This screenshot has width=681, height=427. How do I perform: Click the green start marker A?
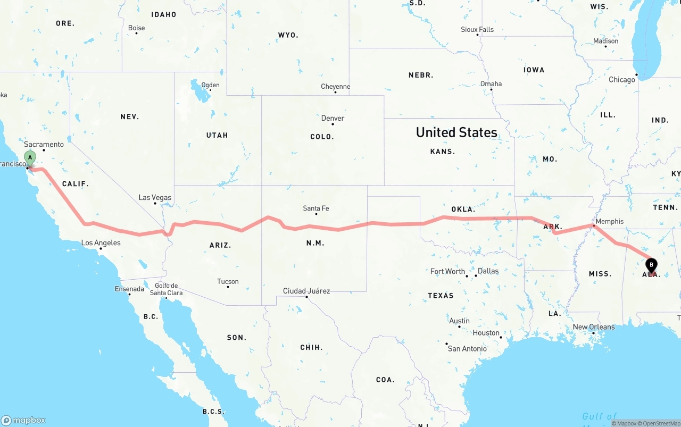[30, 157]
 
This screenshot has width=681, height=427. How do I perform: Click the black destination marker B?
[651, 264]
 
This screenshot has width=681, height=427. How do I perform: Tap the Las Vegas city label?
[155, 198]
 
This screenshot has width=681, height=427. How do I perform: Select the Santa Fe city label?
[316, 208]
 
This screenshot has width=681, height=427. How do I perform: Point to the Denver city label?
[333, 119]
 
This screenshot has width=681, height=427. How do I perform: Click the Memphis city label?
[610, 222]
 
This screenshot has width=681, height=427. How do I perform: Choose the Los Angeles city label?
[101, 243]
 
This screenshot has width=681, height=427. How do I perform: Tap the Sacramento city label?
[44, 145]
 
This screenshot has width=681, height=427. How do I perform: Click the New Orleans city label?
[594, 328]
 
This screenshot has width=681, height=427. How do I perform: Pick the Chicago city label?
[622, 80]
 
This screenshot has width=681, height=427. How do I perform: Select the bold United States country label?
[456, 132]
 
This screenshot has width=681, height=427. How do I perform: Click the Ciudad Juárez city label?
[306, 291]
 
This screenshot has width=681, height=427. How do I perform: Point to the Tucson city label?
[228, 282]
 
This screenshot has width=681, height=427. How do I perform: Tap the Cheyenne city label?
[335, 87]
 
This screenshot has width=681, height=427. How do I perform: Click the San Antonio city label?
[467, 349]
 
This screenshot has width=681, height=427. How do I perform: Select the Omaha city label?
[491, 84]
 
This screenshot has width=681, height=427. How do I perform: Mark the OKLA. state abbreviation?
[463, 210]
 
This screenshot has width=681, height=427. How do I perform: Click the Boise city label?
[136, 28]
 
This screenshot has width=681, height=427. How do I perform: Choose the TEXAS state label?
[441, 296]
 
